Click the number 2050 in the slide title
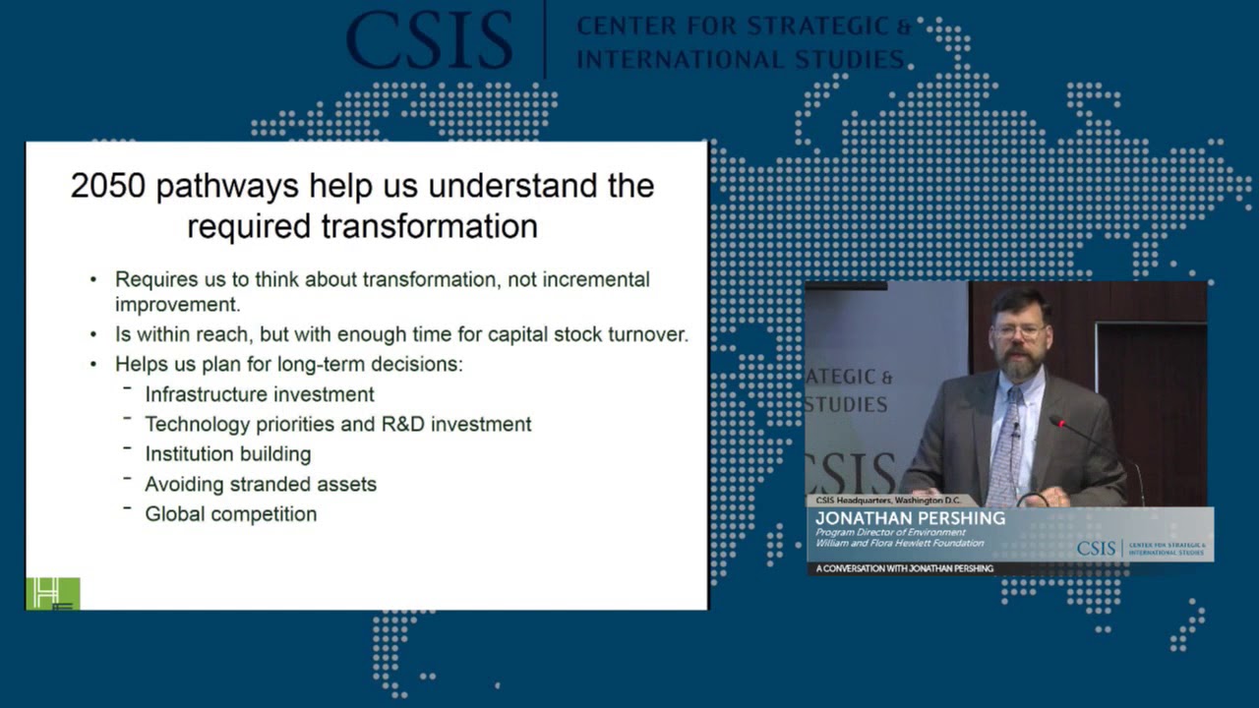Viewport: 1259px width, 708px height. (108, 186)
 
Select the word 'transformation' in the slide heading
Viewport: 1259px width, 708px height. (430, 226)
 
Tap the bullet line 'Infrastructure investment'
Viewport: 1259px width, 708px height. (260, 394)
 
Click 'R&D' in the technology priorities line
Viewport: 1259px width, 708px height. (402, 424)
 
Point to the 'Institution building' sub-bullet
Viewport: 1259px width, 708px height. (228, 454)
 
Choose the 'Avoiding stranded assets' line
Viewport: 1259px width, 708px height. (261, 485)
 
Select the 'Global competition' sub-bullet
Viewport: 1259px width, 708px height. (231, 514)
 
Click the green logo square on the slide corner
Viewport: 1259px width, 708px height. (53, 593)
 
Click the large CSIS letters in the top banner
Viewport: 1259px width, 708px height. (430, 39)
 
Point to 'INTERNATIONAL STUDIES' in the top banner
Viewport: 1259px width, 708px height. (741, 59)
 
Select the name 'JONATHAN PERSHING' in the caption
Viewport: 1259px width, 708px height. (911, 518)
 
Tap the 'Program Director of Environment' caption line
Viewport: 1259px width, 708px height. (890, 532)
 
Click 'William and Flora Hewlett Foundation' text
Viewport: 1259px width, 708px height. (899, 543)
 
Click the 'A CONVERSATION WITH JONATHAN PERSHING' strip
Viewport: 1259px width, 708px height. (904, 568)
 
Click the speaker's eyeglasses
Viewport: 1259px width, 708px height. (1020, 330)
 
